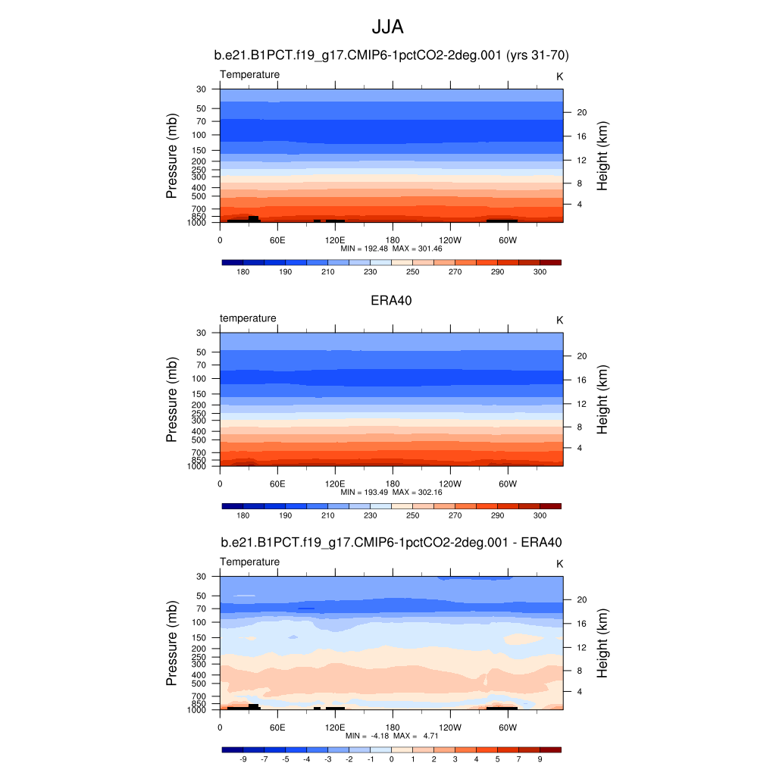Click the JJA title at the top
point(387,27)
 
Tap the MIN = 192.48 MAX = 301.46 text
point(391,249)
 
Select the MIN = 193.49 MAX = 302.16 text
point(391,492)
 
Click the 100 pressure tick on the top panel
point(199,135)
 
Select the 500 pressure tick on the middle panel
point(199,440)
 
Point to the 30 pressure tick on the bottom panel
point(202,577)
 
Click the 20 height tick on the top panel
point(582,112)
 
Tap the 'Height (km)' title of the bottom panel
point(603,643)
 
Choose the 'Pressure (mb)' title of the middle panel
point(172,399)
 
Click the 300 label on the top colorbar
point(540,271)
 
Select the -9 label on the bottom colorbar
point(242,759)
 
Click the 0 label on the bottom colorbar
point(392,759)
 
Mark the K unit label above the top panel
point(559,77)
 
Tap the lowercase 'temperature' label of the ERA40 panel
point(248,318)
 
